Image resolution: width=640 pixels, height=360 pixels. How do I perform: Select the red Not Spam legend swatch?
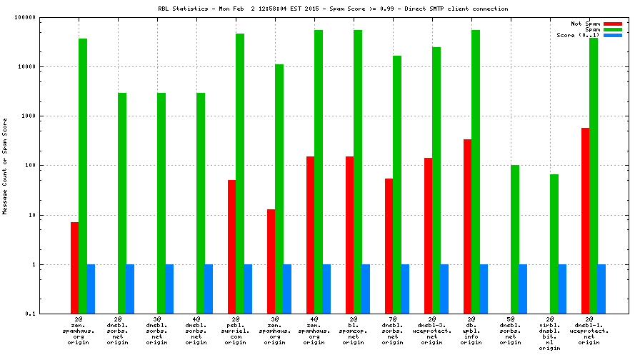point(613,24)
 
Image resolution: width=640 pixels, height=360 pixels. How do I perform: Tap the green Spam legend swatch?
point(613,29)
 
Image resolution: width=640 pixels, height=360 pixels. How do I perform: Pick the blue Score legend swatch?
point(613,35)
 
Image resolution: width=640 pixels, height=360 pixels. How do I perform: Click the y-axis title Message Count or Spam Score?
point(5,166)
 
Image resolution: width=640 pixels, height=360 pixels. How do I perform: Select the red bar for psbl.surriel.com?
point(231,246)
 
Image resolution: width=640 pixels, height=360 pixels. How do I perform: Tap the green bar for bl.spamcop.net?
point(357,171)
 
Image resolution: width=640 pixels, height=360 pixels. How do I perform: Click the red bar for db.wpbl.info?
point(467,226)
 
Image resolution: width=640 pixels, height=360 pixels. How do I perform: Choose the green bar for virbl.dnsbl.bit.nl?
point(554,244)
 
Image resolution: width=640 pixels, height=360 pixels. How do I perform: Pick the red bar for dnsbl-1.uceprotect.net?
point(585,221)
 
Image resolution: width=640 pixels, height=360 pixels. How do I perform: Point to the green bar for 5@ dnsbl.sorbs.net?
point(514,239)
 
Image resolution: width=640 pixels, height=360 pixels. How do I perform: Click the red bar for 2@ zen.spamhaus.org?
point(74,268)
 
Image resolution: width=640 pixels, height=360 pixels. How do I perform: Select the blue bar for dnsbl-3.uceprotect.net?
point(444,289)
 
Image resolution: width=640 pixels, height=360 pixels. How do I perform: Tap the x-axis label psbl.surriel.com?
point(235,333)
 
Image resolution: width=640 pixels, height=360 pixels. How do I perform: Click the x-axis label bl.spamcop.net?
point(353,333)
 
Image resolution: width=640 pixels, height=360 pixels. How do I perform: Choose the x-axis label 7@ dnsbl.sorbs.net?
point(392,333)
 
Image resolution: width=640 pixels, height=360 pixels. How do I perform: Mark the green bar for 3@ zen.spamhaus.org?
point(279,189)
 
